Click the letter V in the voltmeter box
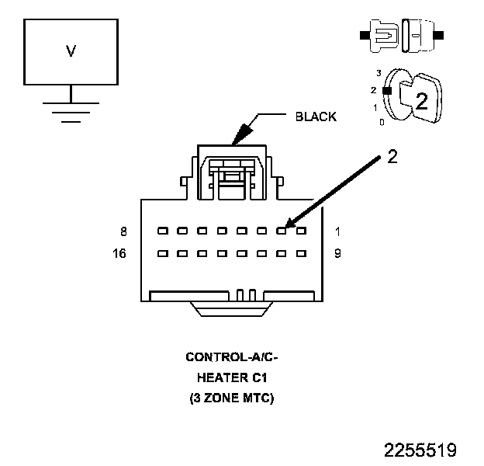pos(71,52)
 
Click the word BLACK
pos(316,117)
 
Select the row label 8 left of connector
pos(123,231)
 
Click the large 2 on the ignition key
pos(421,102)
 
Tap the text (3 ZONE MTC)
pos(232,398)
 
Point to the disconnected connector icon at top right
pos(401,37)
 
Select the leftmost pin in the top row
pos(161,231)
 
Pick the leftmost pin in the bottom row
pos(161,253)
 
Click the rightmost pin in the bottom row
pos(301,253)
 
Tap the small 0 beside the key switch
pos(381,122)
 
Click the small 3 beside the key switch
pos(378,72)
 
